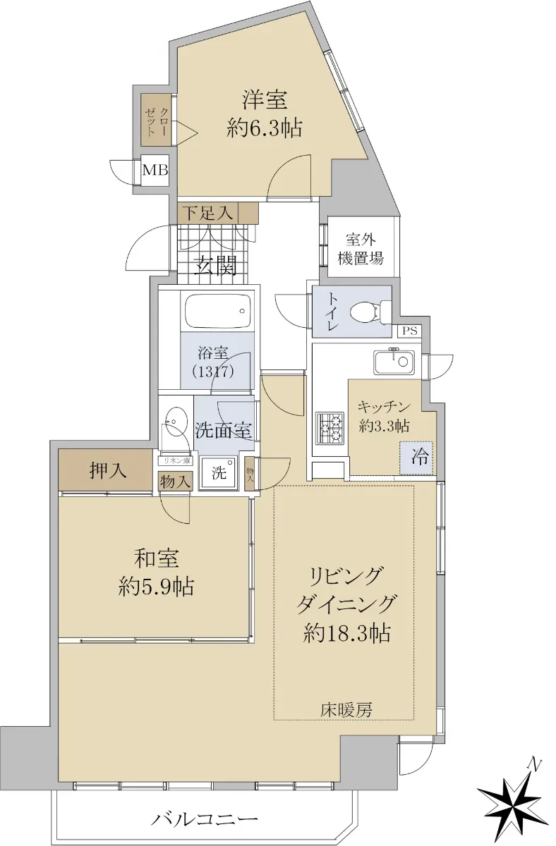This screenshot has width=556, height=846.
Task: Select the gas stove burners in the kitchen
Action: click(x=330, y=428)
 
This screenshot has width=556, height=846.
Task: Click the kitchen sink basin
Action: click(x=394, y=362)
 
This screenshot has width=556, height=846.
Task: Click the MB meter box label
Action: click(x=155, y=170)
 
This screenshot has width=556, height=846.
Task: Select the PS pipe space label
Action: click(x=410, y=331)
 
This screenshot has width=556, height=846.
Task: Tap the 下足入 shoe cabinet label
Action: click(x=208, y=214)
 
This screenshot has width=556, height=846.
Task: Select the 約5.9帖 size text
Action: click(x=156, y=587)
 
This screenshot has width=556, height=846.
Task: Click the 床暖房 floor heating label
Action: click(x=346, y=710)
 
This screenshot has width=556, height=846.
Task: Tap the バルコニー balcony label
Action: click(x=205, y=817)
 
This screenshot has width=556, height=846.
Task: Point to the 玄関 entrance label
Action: click(x=215, y=266)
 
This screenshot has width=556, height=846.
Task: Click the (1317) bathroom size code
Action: click(x=213, y=372)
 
